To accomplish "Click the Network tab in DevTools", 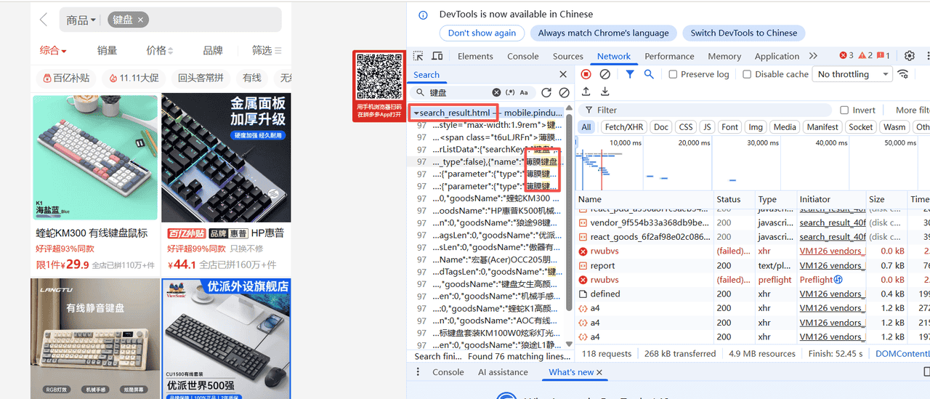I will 614,56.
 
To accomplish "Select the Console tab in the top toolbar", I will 523,56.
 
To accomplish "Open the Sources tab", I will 568,56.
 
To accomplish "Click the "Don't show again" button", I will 482,33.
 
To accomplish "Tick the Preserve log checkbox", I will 673,74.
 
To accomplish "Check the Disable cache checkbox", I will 747,74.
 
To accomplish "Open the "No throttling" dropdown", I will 853,74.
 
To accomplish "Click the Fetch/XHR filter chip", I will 624,127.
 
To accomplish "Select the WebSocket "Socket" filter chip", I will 861,127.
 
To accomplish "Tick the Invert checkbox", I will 844,110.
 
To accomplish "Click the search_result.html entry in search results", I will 455,113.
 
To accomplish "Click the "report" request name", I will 603,265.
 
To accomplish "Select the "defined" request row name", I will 605,294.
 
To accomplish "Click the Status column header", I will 728,199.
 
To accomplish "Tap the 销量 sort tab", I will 108,50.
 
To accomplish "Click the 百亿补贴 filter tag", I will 66,78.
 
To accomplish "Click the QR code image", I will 379,77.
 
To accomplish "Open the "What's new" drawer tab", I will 571,372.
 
